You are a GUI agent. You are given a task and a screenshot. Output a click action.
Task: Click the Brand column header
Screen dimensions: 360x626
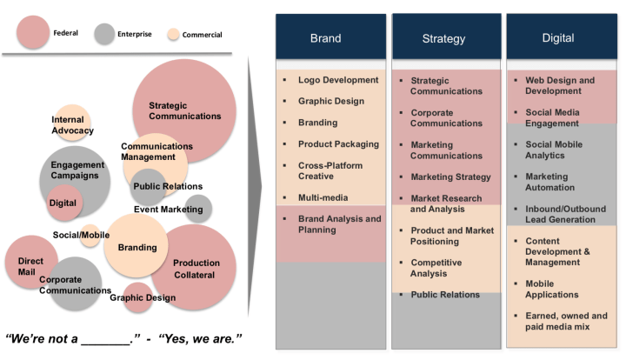326,37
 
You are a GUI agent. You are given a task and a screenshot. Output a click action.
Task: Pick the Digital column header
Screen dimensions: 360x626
557,37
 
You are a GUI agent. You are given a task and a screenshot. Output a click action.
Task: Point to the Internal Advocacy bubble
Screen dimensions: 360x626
73,124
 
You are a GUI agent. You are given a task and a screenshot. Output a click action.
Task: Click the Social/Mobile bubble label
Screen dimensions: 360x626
82,235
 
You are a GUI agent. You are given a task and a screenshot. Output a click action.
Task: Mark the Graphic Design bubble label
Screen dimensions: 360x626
142,297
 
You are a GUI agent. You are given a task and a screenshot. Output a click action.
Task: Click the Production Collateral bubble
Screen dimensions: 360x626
196,268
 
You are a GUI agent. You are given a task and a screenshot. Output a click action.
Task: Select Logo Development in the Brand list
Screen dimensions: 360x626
338,80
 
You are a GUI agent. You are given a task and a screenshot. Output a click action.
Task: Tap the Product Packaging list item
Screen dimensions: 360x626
338,143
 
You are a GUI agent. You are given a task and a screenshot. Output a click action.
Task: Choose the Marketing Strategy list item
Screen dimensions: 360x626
450,177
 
